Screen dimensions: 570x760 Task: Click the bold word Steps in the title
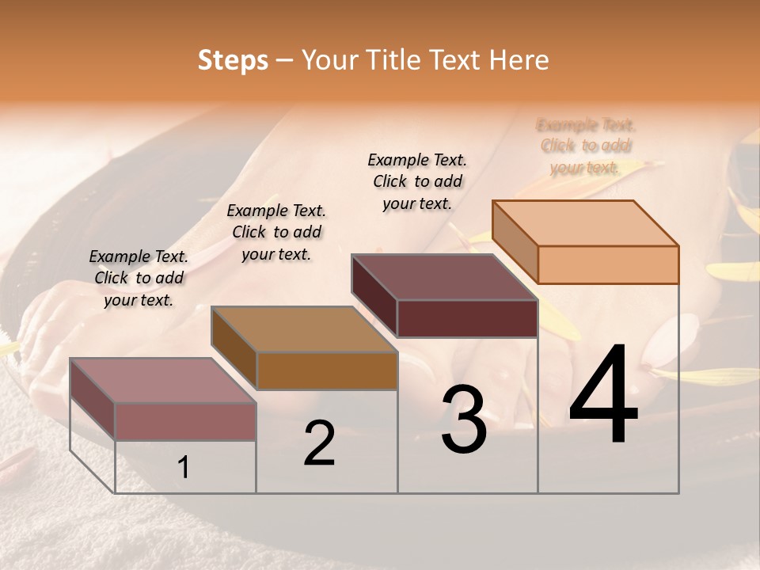pos(233,60)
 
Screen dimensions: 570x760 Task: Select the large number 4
pos(603,395)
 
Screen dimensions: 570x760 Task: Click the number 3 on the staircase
pos(463,420)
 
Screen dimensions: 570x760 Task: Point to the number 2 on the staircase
pos(319,443)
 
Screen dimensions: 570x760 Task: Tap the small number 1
pos(184,468)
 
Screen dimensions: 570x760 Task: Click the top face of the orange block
pos(586,223)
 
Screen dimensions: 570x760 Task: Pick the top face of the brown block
pos(304,329)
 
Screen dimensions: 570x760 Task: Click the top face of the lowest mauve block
pos(163,381)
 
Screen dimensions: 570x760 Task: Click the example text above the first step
pos(139,278)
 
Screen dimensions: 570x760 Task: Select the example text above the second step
pos(276,232)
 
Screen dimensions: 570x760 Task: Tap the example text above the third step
pos(417,181)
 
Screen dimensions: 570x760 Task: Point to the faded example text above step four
pos(586,146)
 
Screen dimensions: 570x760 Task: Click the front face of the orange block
pos(608,264)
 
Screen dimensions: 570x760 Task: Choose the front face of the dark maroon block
pos(467,318)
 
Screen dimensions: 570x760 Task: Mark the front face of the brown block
pos(326,370)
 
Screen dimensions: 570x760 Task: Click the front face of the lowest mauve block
pos(185,421)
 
